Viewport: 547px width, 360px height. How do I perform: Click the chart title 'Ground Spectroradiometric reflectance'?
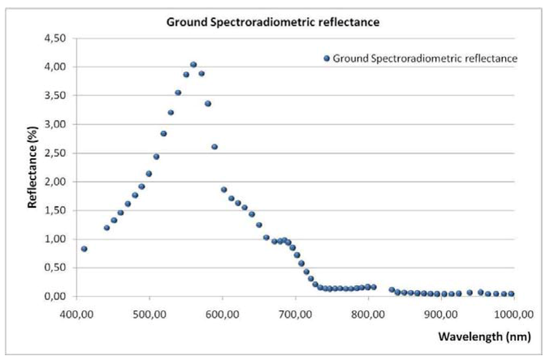tap(273, 22)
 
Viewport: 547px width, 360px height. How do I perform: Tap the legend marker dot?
tap(327, 58)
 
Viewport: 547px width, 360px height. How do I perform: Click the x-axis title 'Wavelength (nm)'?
tap(485, 337)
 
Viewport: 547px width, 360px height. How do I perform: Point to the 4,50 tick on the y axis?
tap(55, 38)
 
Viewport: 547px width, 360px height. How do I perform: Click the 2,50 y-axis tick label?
tap(55, 153)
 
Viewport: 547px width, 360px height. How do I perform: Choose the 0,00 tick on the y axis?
tap(55, 296)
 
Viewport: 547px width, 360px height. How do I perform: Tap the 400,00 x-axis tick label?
tap(76, 315)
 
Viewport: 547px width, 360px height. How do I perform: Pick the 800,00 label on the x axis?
tap(368, 315)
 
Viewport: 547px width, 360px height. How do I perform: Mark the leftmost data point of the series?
tap(84, 249)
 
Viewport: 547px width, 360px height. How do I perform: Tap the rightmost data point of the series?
tap(511, 294)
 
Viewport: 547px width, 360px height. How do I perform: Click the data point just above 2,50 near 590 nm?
tap(215, 146)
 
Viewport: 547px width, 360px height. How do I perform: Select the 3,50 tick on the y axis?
tap(55, 96)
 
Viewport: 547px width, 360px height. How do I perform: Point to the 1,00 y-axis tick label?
tap(55, 239)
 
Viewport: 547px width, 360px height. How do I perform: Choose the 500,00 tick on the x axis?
tap(149, 315)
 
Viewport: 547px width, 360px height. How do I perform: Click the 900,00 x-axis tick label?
tap(441, 315)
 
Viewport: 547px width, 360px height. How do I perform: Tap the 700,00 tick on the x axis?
tap(295, 315)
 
